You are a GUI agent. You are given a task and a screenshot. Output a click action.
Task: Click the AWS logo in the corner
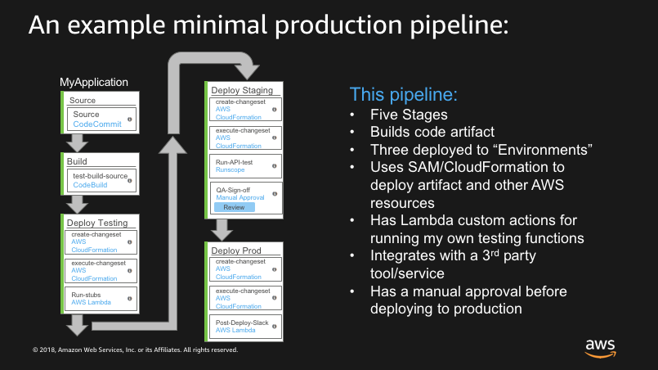pyautogui.click(x=600, y=346)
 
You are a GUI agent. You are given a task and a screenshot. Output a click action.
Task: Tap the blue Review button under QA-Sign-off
pyautogui.click(x=234, y=207)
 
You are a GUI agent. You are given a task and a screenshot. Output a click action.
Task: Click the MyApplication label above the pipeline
pyautogui.click(x=94, y=82)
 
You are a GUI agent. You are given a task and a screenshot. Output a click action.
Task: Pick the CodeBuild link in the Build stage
pyautogui.click(x=90, y=186)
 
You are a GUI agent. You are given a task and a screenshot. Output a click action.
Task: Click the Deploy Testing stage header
pyautogui.click(x=97, y=223)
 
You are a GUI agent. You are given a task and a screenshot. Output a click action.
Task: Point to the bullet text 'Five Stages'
pyautogui.click(x=409, y=115)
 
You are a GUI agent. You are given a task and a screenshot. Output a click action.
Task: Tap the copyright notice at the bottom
pyautogui.click(x=135, y=350)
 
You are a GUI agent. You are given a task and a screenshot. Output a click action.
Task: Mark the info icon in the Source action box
pyautogui.click(x=129, y=120)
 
